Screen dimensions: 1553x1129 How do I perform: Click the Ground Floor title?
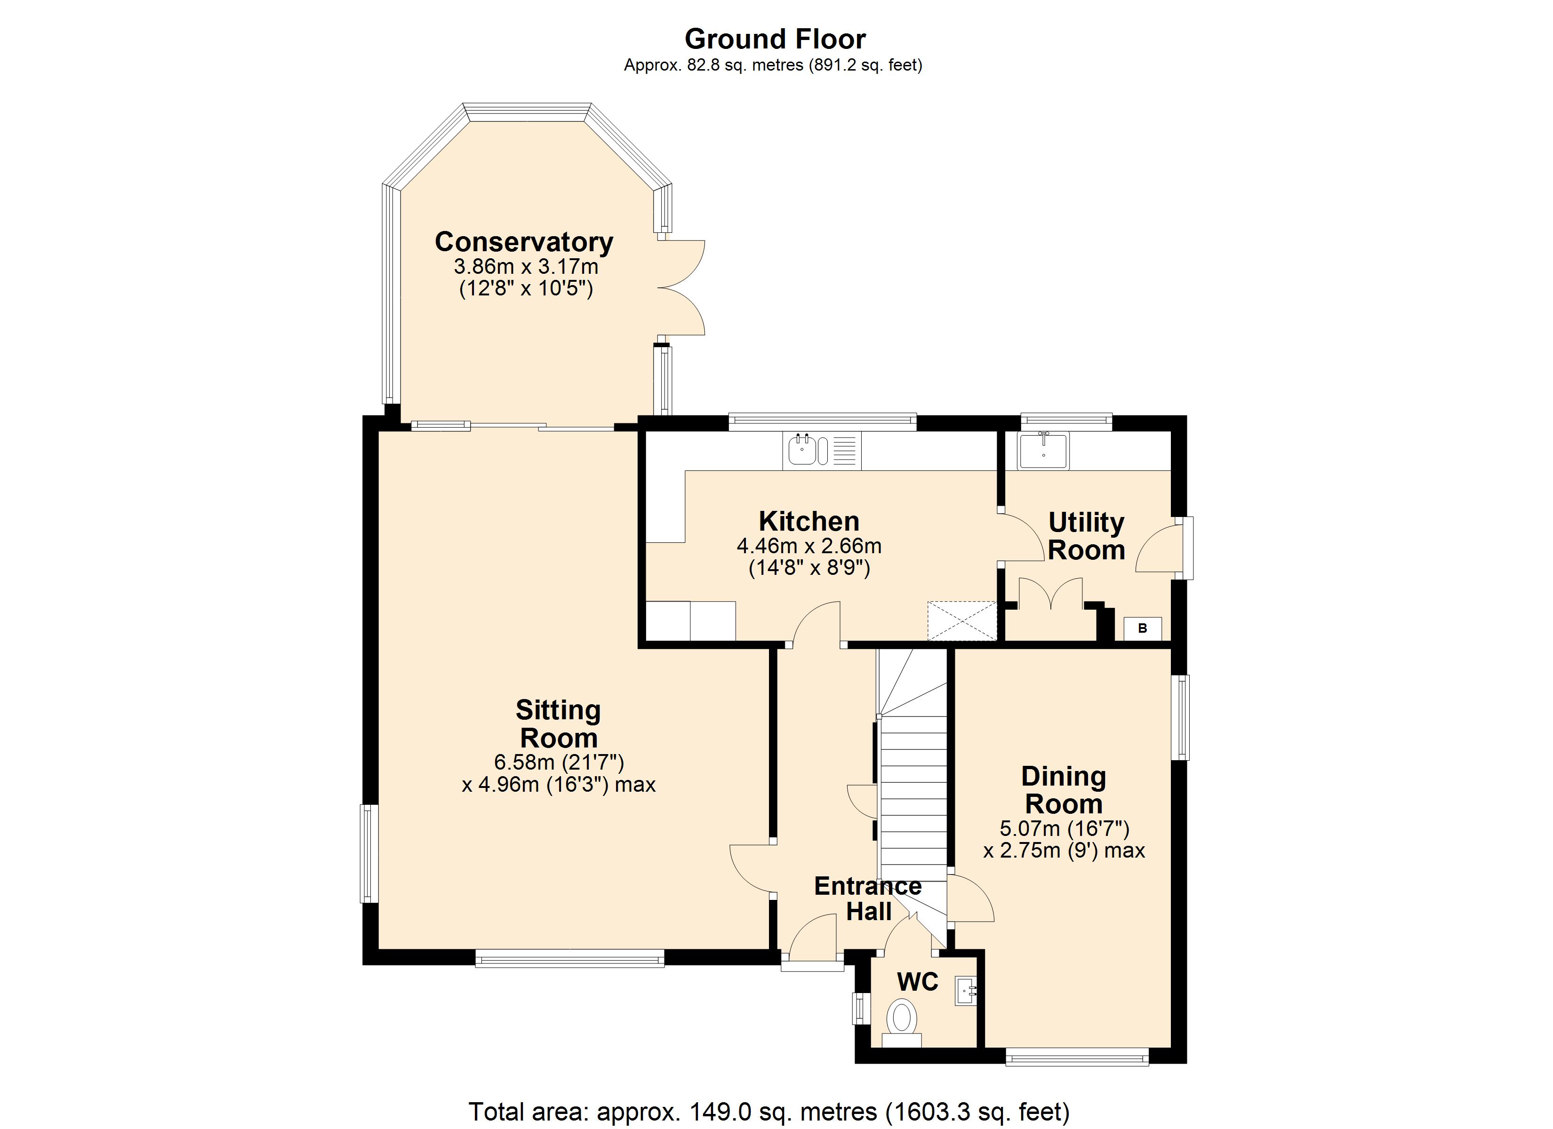coord(775,39)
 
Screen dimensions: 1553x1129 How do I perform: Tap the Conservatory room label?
coord(524,242)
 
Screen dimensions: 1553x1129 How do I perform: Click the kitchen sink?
coord(822,451)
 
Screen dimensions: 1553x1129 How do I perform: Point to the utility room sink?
coord(1043,451)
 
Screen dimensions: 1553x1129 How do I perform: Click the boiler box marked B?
coord(1142,628)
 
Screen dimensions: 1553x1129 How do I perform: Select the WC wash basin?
coord(966,991)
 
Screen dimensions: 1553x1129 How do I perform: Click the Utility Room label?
coord(1087,536)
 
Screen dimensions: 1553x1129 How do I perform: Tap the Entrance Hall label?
coord(868,898)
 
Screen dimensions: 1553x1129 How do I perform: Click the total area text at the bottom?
coord(768,1111)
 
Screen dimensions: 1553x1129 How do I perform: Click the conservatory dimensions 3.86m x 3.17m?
coord(526,266)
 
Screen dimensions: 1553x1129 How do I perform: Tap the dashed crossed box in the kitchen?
coord(962,621)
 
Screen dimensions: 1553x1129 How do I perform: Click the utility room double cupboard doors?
coord(1051,593)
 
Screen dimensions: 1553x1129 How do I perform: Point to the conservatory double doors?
coord(682,287)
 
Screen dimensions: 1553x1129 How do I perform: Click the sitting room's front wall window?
coord(570,958)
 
